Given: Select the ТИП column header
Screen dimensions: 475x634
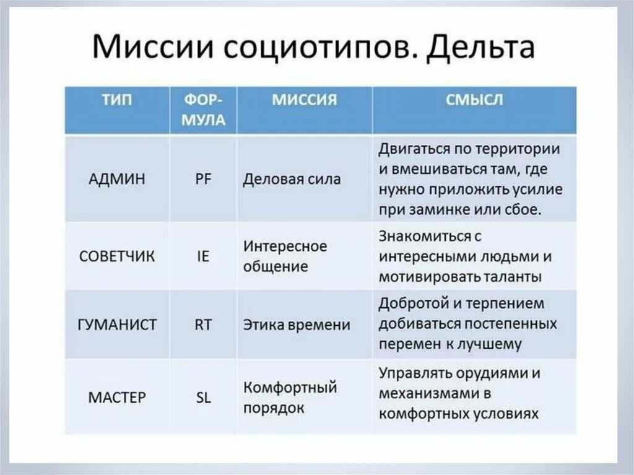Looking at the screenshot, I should coord(117,100).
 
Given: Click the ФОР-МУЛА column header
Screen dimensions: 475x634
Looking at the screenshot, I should coord(202,110).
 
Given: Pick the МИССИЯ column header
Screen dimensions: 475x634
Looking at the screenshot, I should coord(304,100).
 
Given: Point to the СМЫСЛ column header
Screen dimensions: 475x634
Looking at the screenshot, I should coord(474,100).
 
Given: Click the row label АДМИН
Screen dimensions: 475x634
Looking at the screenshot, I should coord(117,180).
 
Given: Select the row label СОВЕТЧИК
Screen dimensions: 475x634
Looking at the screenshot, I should coord(117,256).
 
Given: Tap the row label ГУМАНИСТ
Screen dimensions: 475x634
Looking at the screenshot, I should coord(117,325).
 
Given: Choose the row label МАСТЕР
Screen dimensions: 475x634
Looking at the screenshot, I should coord(117,397).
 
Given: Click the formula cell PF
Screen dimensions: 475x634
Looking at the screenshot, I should coord(202,180).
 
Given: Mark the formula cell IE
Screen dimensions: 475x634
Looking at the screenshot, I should coord(202,256).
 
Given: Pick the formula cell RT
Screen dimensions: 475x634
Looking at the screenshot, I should coord(202,325).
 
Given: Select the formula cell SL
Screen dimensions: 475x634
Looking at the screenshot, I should coord(202,397).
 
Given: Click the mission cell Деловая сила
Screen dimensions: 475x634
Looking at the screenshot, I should coord(292,180).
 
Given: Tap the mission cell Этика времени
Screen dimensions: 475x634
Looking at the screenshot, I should coord(297,325).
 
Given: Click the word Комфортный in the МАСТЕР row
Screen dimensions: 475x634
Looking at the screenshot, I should coord(290,388).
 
